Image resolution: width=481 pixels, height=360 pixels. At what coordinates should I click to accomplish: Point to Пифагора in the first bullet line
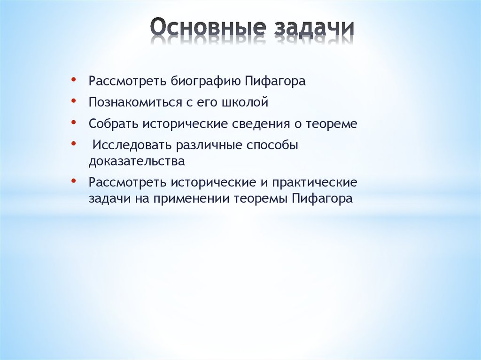click(x=275, y=81)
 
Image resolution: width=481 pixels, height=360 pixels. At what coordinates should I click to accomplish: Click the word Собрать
click(x=113, y=124)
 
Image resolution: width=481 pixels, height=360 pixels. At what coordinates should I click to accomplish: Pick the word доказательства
click(x=137, y=161)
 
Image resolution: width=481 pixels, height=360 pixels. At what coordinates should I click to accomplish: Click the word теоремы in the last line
click(x=260, y=198)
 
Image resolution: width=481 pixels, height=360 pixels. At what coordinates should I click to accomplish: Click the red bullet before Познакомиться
click(x=75, y=101)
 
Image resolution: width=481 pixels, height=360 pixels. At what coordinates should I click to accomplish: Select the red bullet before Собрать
click(x=75, y=123)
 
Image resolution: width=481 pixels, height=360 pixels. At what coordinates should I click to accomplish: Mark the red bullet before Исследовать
click(x=75, y=144)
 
